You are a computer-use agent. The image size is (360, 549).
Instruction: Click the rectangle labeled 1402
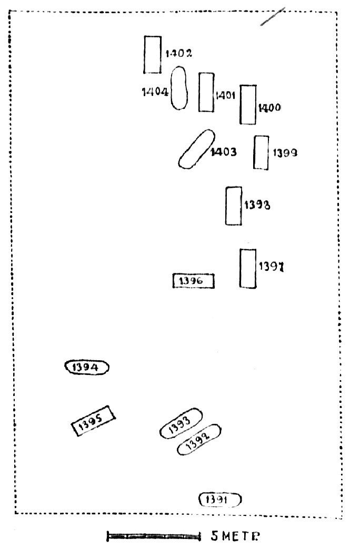[153, 54]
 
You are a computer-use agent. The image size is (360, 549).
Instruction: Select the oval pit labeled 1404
[179, 88]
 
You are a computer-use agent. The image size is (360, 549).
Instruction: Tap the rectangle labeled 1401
[206, 92]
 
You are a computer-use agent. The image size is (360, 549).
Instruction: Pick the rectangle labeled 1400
[248, 104]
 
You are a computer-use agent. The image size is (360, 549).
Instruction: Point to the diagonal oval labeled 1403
[197, 149]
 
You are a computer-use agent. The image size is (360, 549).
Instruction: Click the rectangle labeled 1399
[261, 152]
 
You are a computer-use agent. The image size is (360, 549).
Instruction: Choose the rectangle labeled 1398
[234, 206]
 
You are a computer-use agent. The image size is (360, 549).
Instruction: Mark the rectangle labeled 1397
[248, 268]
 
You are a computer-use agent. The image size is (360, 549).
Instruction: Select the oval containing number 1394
[86, 367]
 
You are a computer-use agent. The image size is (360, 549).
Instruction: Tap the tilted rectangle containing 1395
[94, 421]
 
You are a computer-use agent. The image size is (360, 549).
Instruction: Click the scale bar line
[154, 536]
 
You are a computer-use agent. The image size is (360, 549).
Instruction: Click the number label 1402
[178, 54]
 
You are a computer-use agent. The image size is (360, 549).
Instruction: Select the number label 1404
[155, 92]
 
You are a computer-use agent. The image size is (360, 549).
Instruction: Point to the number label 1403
[223, 152]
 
